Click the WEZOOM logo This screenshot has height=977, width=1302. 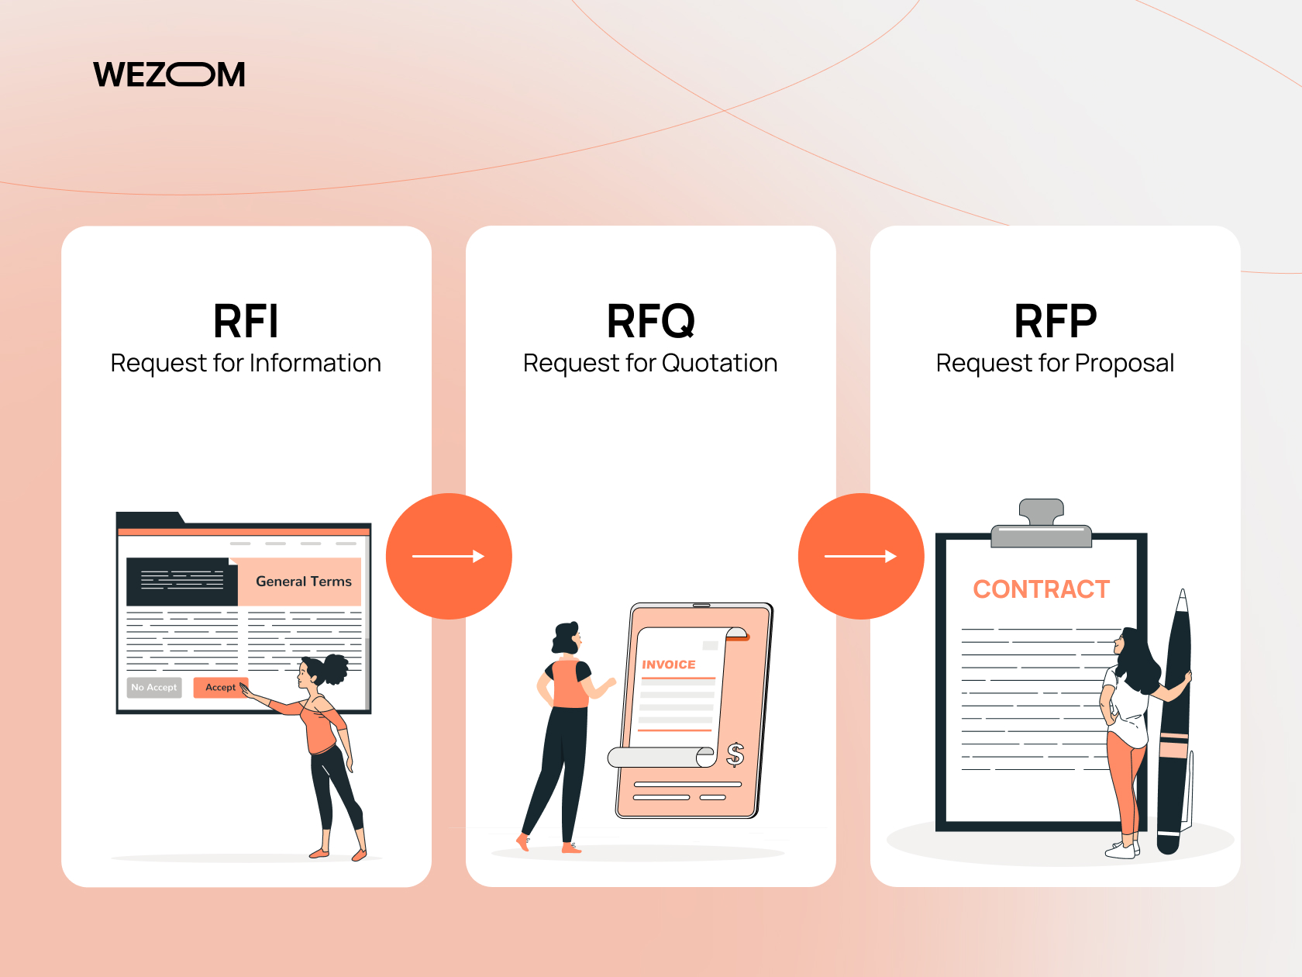pyautogui.click(x=169, y=74)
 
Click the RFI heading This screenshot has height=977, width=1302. pyautogui.click(x=246, y=321)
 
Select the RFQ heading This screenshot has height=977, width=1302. pyautogui.click(x=651, y=322)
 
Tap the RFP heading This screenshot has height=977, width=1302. pyautogui.click(x=1056, y=321)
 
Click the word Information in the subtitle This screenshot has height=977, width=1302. pyautogui.click(x=315, y=363)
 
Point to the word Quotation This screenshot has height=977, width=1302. pyautogui.click(x=719, y=363)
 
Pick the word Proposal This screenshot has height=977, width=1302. pyautogui.click(x=1124, y=364)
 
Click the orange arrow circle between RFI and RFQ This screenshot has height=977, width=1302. pyautogui.click(x=449, y=556)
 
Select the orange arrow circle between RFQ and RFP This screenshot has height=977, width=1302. pyautogui.click(x=861, y=556)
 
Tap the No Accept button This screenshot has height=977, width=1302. pyautogui.click(x=154, y=687)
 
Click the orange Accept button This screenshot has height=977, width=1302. pyautogui.click(x=221, y=687)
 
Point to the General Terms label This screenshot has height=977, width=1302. pyautogui.click(x=304, y=582)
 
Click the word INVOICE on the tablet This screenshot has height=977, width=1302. pyautogui.click(x=669, y=665)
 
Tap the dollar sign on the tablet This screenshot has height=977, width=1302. pyautogui.click(x=735, y=754)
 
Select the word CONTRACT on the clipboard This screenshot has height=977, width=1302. pyautogui.click(x=1041, y=589)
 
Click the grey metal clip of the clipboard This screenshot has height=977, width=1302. pyautogui.click(x=1041, y=523)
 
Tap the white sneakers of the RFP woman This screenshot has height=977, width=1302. pyautogui.click(x=1122, y=849)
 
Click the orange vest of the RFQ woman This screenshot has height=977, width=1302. pyautogui.click(x=570, y=683)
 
